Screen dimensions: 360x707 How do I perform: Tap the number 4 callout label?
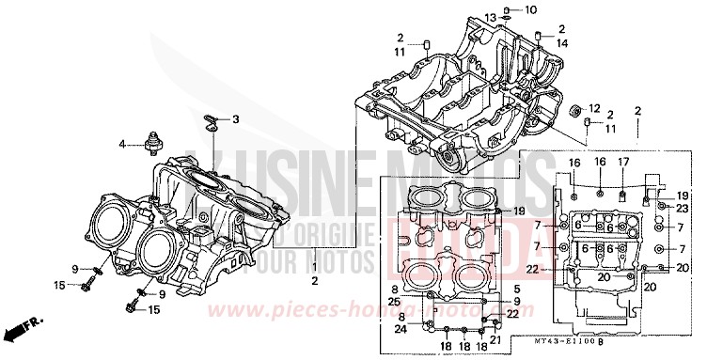coord(121,144)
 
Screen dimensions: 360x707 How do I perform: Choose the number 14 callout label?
coord(561,42)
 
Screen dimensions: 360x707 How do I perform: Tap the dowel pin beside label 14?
coord(540,36)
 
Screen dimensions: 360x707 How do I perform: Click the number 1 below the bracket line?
coord(314,268)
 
